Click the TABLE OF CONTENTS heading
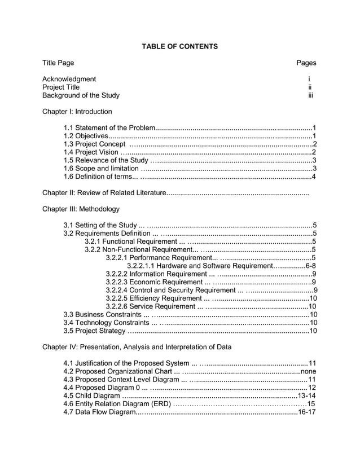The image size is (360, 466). pos(179,46)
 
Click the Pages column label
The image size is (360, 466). pos(306,63)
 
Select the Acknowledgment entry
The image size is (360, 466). pos(69,79)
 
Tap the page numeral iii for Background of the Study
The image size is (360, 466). pos(310,95)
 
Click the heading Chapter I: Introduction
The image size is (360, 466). pos(77,112)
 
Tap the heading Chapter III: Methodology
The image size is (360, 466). pos(81,209)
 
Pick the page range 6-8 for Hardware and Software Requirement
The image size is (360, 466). pos(310,266)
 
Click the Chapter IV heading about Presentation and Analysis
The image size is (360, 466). pos(137,347)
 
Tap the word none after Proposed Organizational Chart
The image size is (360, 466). pos(308,371)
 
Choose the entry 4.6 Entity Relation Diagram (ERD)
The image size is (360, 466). pos(117,404)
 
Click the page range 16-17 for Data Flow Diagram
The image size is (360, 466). pos(306,412)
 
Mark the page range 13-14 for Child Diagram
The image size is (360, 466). pos(306,396)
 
